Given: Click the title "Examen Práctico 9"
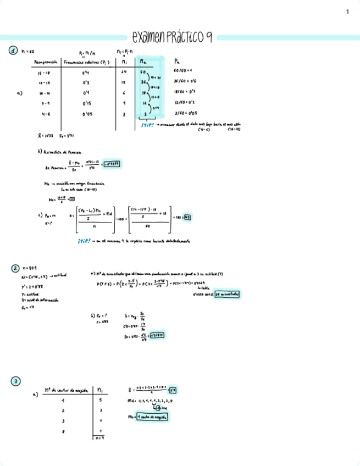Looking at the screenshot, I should [173, 37].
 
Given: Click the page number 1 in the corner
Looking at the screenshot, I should [348, 12].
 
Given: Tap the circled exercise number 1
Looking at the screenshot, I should [12, 51].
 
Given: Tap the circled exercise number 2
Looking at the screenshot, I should [15, 268].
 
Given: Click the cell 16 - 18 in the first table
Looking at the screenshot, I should [45, 72].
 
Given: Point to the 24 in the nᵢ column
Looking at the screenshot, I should [124, 72].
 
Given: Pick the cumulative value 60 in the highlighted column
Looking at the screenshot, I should [143, 72].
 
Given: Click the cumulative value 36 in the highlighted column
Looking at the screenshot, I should [143, 82].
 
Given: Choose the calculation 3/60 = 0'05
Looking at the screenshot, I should [184, 113].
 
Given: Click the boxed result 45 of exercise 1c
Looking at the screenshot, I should [187, 217].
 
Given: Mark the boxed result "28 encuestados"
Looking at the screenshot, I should [229, 295].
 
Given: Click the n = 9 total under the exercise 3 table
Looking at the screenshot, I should [99, 438].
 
